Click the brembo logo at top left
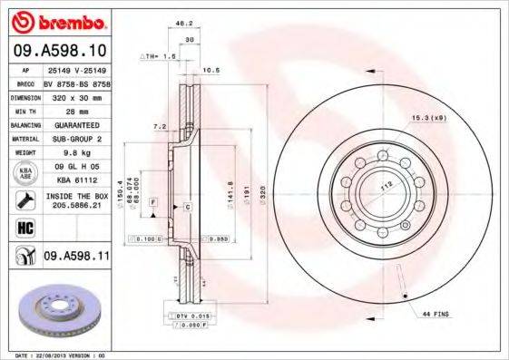click(x=58, y=20)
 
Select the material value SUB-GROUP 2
click(x=74, y=141)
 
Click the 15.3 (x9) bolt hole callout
click(x=428, y=116)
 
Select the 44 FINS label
click(x=437, y=313)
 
